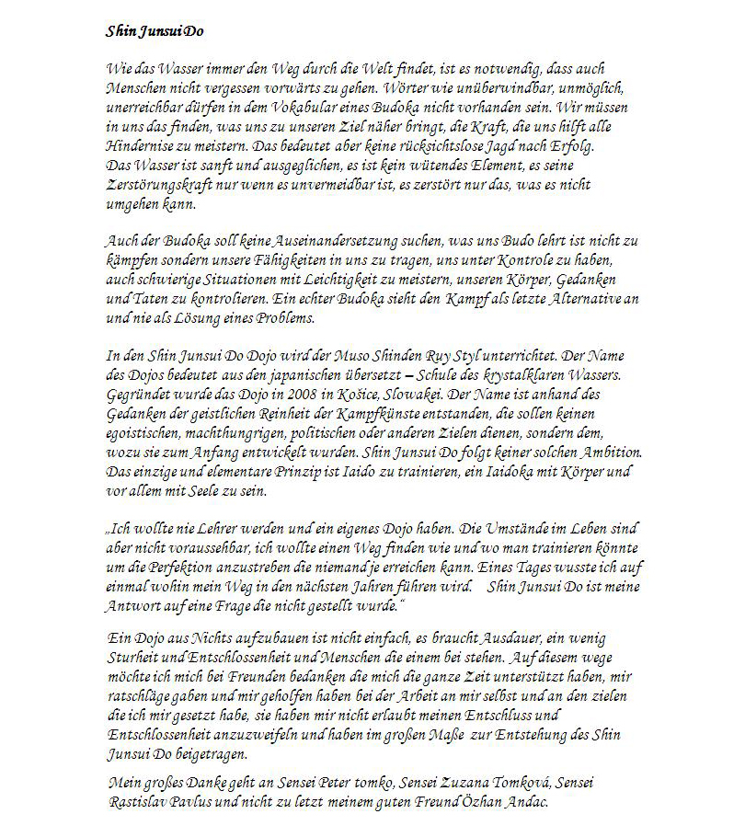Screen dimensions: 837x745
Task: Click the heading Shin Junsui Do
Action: click(155, 31)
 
